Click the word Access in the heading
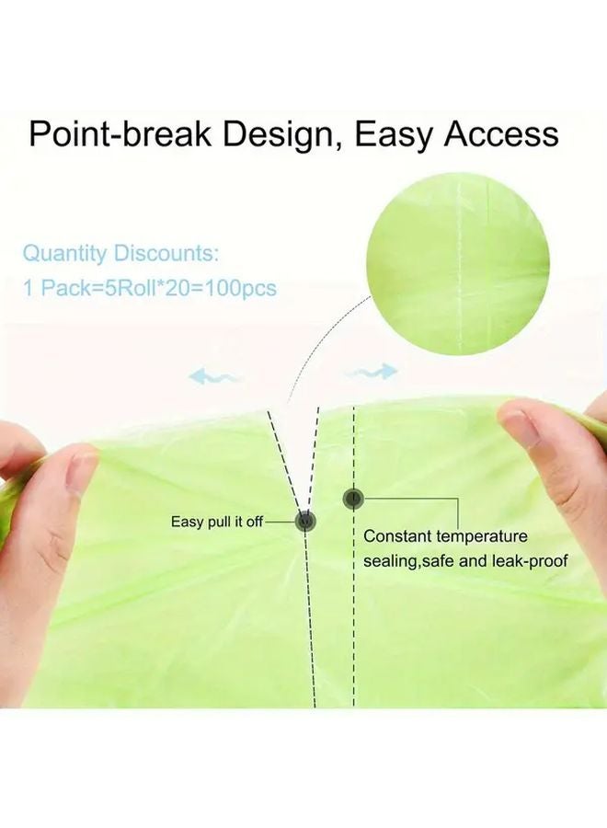pyautogui.click(x=501, y=134)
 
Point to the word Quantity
pyautogui.click(x=64, y=254)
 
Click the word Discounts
pyautogui.click(x=166, y=253)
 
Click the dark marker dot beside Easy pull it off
pyautogui.click(x=305, y=522)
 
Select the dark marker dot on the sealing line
pyautogui.click(x=353, y=498)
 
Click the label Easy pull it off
pyautogui.click(x=217, y=522)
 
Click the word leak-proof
pyautogui.click(x=530, y=560)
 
